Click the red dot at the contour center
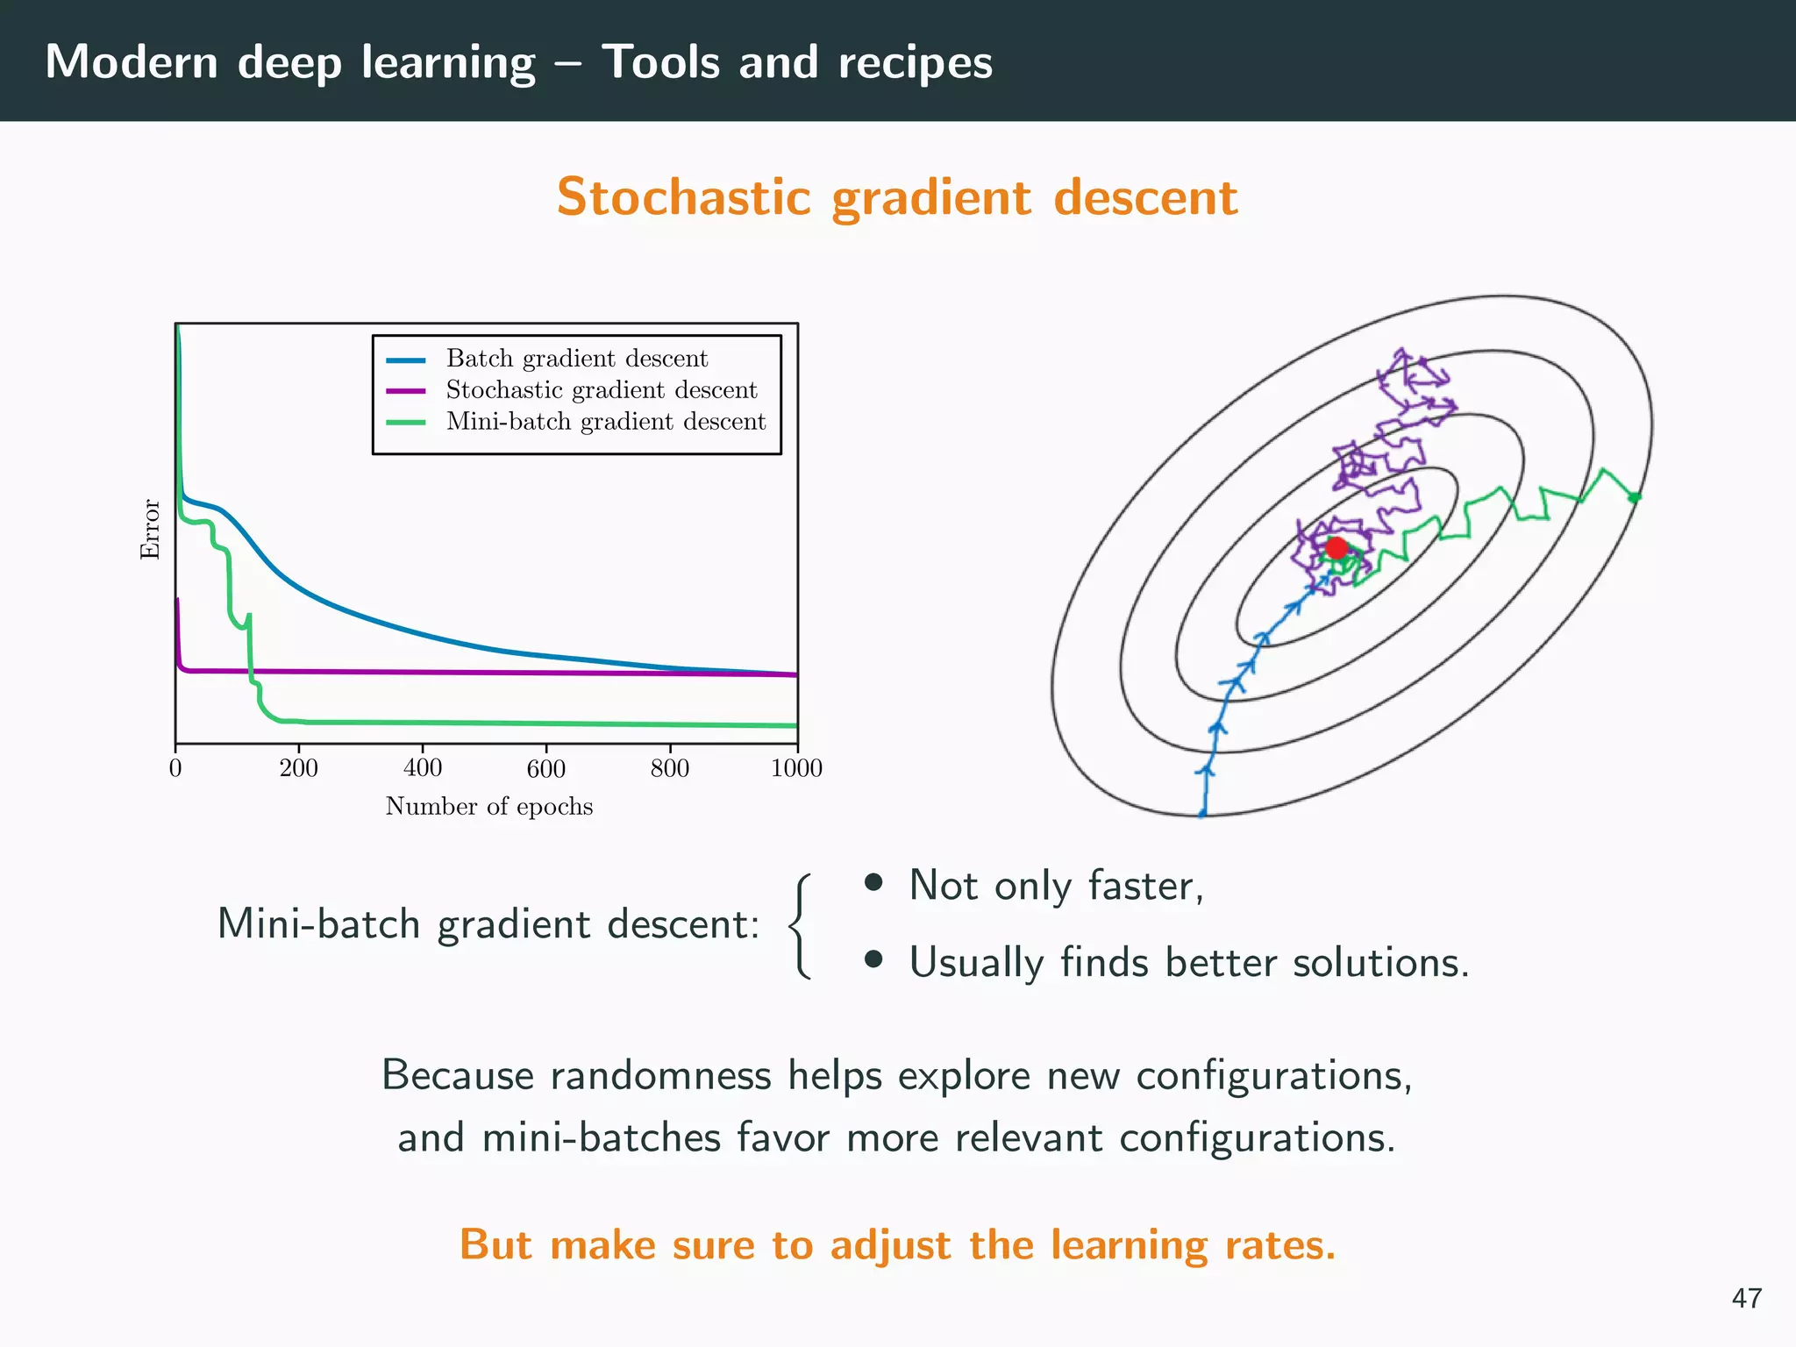[1336, 549]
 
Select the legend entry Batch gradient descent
[576, 359]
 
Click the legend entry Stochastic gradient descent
[601, 390]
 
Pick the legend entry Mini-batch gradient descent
[605, 422]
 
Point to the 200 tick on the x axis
[299, 768]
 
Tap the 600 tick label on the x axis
[545, 768]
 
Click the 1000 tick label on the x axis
[796, 768]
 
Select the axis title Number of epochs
[488, 807]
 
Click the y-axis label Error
[151, 529]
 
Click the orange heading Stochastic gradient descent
[897, 197]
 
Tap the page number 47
[1746, 1298]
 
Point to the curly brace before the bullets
[798, 925]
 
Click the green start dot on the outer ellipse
[1634, 497]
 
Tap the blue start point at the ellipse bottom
[1202, 814]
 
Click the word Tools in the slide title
[660, 62]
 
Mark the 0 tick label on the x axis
[175, 768]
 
